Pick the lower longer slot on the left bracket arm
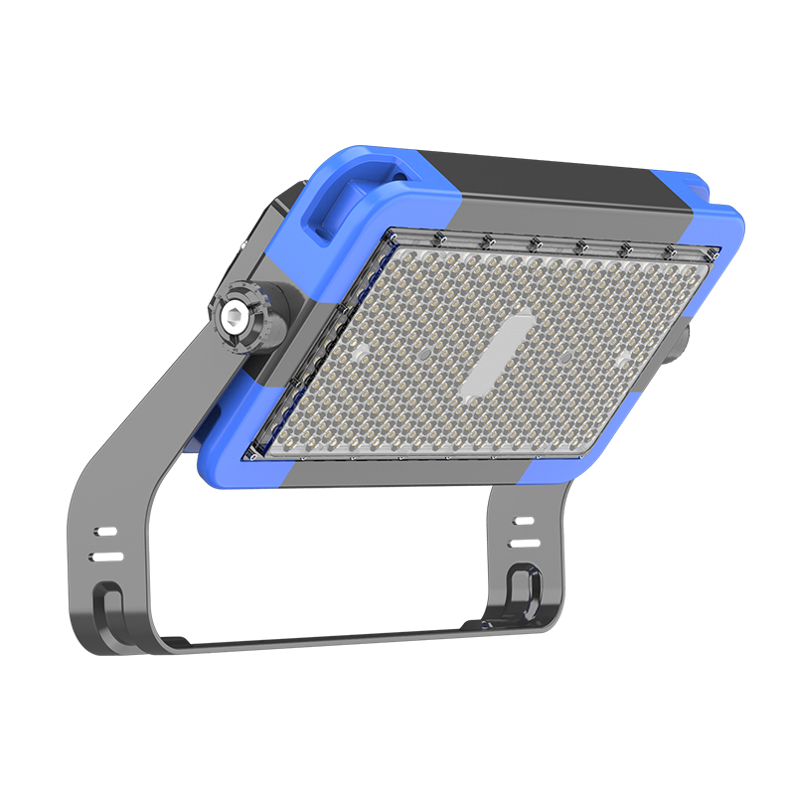(106, 557)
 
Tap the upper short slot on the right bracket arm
(524, 521)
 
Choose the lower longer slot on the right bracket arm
(525, 544)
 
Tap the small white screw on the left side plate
(243, 241)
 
